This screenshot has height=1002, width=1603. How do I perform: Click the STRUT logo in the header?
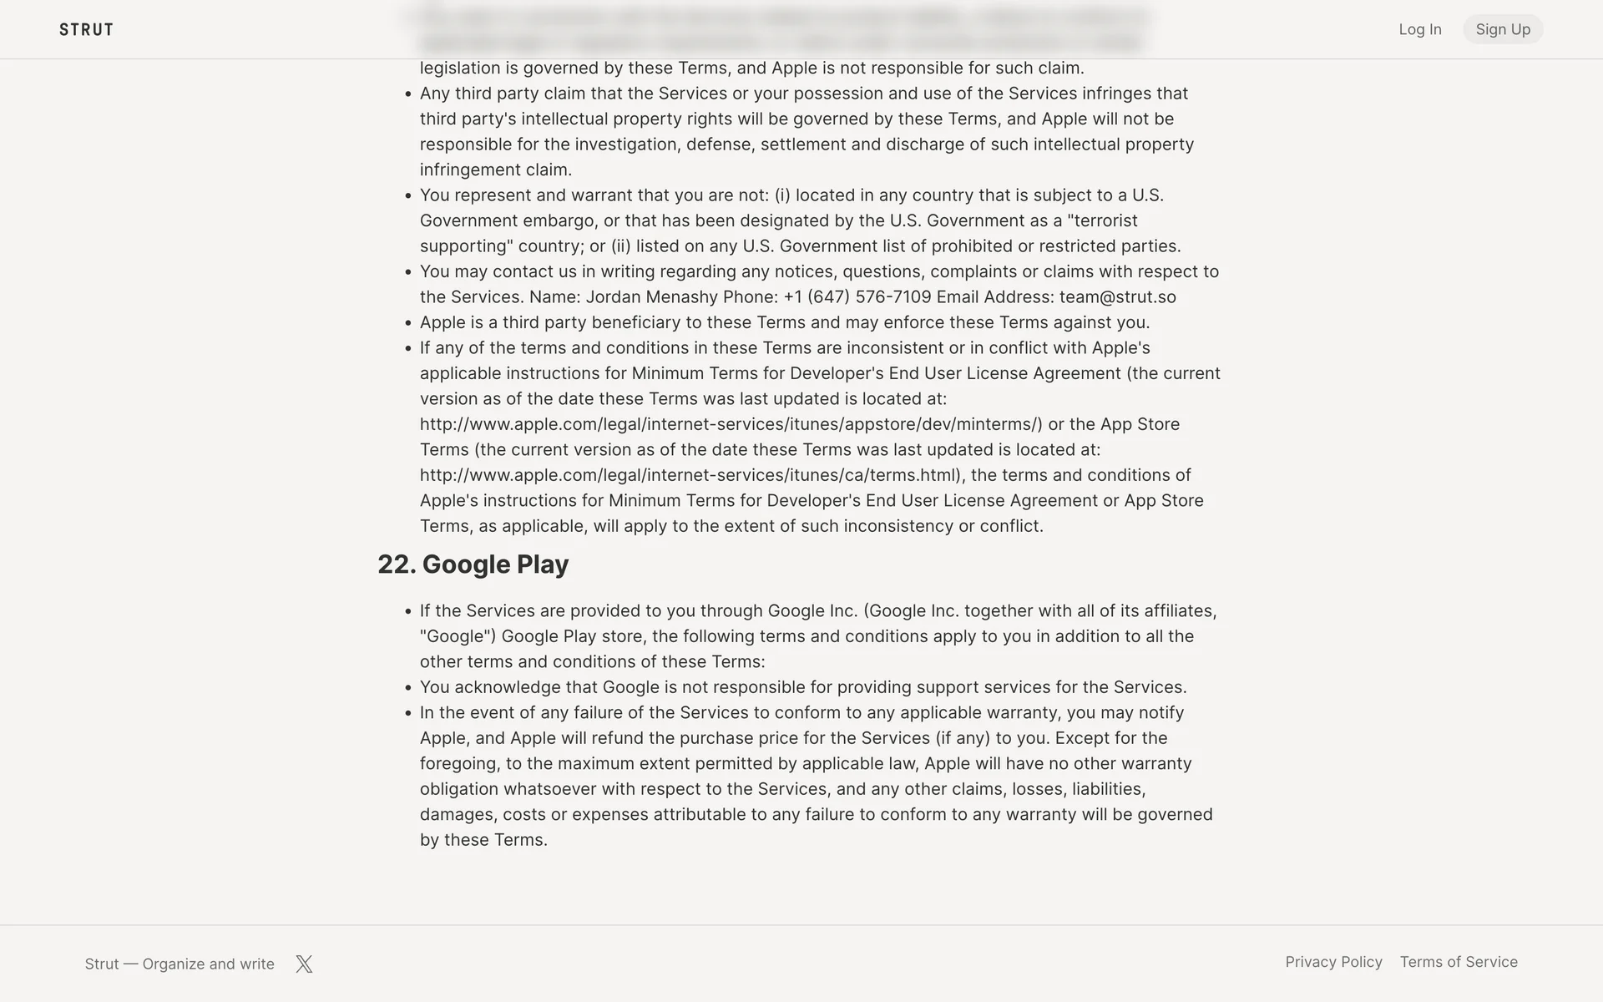tap(86, 30)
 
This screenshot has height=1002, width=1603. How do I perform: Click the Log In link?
tap(1419, 29)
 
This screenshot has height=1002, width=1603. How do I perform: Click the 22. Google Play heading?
tap(473, 564)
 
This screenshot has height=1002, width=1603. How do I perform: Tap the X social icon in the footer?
tap(304, 964)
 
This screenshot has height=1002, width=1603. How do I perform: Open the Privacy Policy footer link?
tap(1333, 962)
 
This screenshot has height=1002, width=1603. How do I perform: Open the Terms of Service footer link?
tap(1459, 962)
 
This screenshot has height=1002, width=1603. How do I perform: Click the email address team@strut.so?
tap(1117, 297)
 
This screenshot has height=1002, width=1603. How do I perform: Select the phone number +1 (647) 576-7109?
tap(857, 297)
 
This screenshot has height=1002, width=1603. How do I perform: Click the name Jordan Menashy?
tap(651, 297)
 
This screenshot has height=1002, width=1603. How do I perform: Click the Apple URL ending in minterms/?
tap(731, 424)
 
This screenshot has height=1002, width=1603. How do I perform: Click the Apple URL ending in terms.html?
tap(691, 475)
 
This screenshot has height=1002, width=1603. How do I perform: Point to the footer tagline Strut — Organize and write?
tap(180, 964)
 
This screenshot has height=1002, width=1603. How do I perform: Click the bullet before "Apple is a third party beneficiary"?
tap(408, 323)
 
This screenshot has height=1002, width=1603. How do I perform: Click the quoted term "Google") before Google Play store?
tap(458, 636)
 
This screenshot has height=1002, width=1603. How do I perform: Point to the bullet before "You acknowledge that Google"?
tap(408, 688)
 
